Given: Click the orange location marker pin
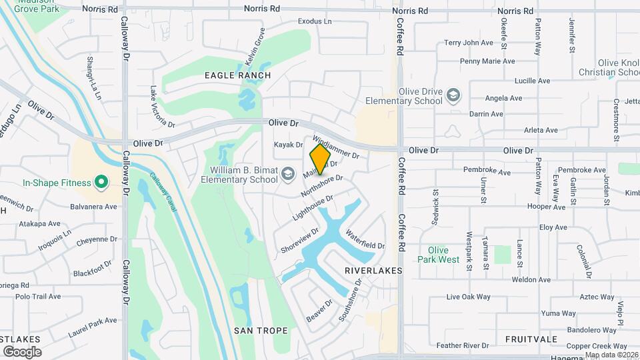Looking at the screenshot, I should (x=320, y=159).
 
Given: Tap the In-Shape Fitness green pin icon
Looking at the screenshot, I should (x=101, y=181).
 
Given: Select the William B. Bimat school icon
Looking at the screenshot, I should (x=288, y=175).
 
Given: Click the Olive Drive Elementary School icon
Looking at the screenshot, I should (x=453, y=96).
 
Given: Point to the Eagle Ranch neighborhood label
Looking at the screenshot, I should (x=238, y=75).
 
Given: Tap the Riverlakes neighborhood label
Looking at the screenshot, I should (x=373, y=271).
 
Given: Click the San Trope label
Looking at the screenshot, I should (x=261, y=330).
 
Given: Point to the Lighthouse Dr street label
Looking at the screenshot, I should (x=312, y=209).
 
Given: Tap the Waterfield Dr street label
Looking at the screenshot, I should (x=365, y=239).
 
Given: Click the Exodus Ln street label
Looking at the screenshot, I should (x=315, y=21).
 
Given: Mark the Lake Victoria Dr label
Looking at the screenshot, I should (x=162, y=107).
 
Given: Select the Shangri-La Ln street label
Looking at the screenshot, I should (x=93, y=77).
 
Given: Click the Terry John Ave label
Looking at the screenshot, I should (x=468, y=43).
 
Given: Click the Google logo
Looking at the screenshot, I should (x=22, y=351).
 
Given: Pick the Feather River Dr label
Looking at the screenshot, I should (x=463, y=346).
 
